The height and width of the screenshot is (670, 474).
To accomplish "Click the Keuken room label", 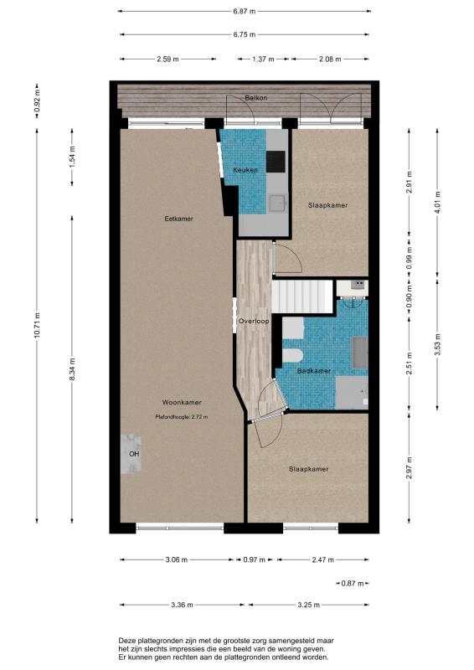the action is click(x=245, y=170).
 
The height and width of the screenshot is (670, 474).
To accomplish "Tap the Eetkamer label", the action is click(x=178, y=219).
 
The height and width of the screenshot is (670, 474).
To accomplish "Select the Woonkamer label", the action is click(x=182, y=403).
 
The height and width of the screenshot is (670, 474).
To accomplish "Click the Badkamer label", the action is click(x=314, y=371).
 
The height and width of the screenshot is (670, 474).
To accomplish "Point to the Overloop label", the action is click(x=254, y=321).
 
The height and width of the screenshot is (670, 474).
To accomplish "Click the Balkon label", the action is click(x=256, y=98).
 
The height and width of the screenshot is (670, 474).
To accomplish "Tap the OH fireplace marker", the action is click(x=134, y=454).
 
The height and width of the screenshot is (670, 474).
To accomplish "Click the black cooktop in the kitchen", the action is click(x=276, y=162).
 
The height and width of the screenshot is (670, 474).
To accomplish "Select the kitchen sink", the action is click(x=277, y=204).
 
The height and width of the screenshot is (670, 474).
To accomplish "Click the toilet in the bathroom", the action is click(x=293, y=355).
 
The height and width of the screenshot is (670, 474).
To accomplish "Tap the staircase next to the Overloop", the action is click(x=302, y=296).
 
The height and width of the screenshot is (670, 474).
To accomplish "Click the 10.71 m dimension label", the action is click(x=37, y=326).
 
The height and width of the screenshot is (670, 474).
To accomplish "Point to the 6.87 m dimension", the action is click(x=245, y=12).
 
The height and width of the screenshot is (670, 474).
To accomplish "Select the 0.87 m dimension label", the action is click(x=353, y=583).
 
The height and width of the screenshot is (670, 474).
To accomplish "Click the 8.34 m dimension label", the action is click(x=72, y=368).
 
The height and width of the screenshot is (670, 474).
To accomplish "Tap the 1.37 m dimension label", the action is click(x=263, y=59).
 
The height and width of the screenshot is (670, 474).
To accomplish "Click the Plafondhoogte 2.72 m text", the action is click(x=182, y=416).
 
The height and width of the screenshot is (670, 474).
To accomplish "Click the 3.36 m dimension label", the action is click(x=182, y=605).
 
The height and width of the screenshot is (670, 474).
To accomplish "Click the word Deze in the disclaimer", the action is click(x=127, y=641).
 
